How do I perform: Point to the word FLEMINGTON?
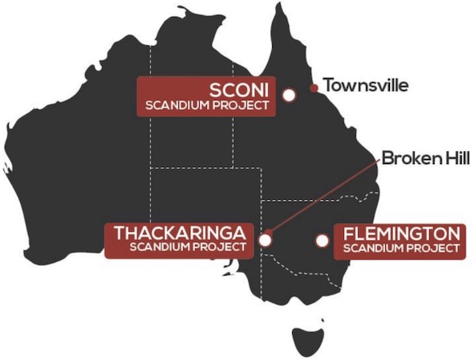pyautogui.click(x=401, y=234)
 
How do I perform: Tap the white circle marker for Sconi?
pyautogui.click(x=289, y=95)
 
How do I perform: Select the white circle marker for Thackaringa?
pyautogui.click(x=266, y=238)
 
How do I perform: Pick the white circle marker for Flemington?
pyautogui.click(x=322, y=240)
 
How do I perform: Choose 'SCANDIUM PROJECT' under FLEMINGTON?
pyautogui.click(x=401, y=248)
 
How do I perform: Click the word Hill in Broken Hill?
pyautogui.click(x=454, y=158)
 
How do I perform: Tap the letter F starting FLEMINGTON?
pyautogui.click(x=349, y=234)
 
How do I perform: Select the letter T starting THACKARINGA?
pyautogui.click(x=121, y=233)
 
